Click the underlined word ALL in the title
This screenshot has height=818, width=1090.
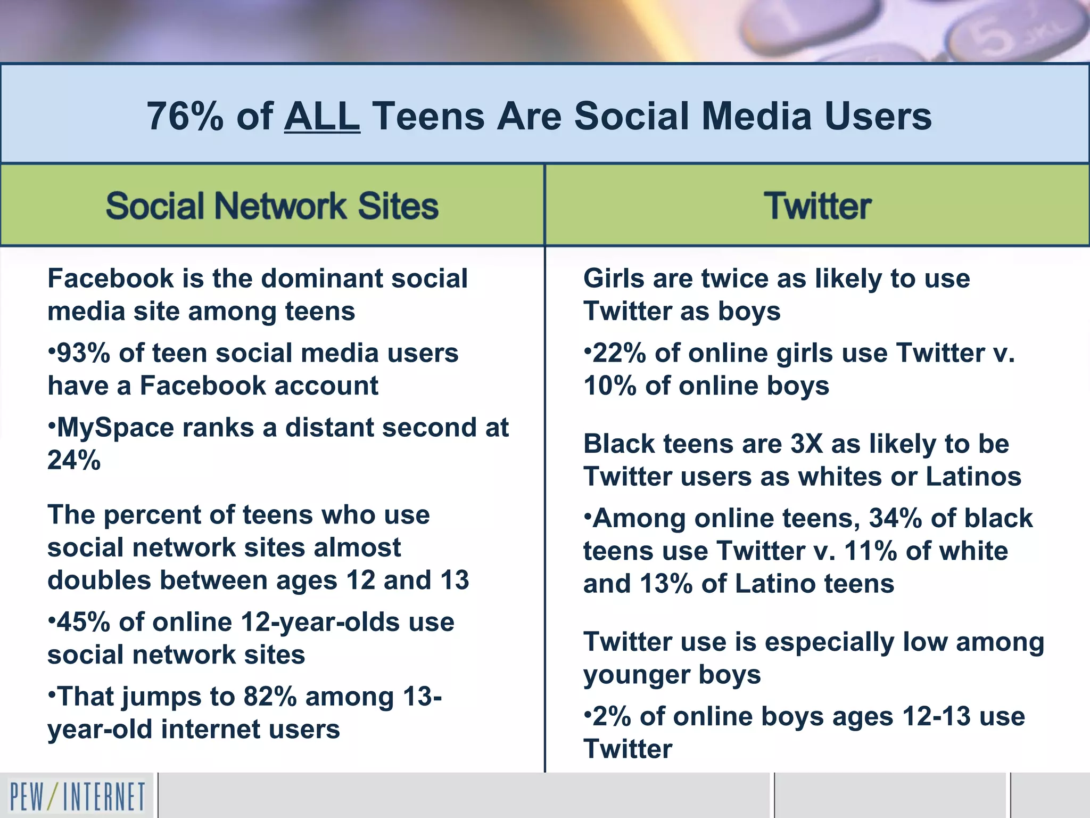point(322,116)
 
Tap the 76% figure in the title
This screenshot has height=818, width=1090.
point(185,116)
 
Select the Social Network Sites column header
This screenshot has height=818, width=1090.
point(272,206)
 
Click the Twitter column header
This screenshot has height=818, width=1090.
point(817,206)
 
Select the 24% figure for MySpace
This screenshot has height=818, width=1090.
point(74,460)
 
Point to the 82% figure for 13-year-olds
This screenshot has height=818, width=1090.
point(270,697)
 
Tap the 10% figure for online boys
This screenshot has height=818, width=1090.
point(610,386)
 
